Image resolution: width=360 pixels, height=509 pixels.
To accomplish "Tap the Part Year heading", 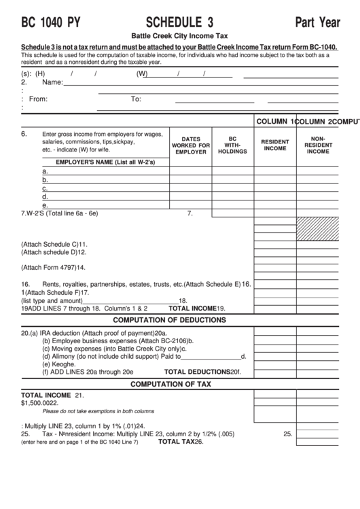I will tap(317, 22).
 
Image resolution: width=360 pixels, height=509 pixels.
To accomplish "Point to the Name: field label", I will tap(52, 82).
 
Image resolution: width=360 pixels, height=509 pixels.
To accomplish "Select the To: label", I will tap(136, 99).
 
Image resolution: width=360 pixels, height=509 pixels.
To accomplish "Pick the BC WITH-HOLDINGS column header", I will tap(232, 144).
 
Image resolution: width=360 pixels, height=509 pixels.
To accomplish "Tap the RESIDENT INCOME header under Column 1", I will tap(275, 145).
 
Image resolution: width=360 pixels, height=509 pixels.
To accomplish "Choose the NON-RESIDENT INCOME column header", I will tap(318, 144).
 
